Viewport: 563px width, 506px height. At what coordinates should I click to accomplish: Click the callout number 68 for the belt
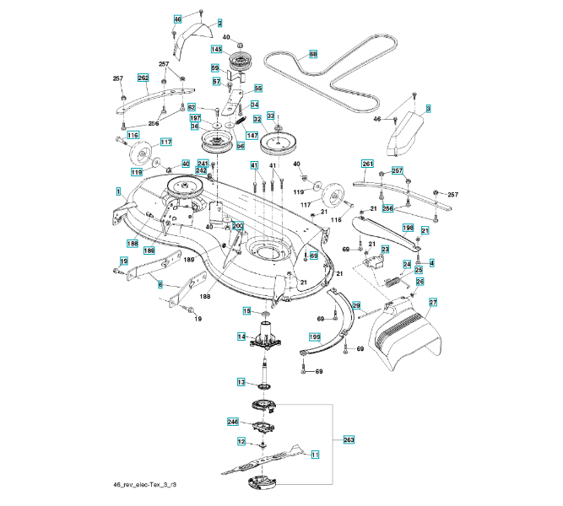(313, 54)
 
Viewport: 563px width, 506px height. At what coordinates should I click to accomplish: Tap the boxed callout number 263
(349, 439)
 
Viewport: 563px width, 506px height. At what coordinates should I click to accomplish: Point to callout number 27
(433, 302)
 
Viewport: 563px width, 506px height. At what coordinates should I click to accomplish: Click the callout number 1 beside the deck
(119, 192)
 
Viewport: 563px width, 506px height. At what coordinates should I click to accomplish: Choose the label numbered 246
(233, 421)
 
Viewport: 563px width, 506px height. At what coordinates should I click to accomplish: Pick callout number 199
(315, 336)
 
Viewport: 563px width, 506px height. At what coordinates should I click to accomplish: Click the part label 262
(143, 78)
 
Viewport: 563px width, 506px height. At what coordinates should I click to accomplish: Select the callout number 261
(367, 164)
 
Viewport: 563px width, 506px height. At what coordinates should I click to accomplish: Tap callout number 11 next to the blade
(315, 455)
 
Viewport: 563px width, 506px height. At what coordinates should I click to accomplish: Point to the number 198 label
(408, 228)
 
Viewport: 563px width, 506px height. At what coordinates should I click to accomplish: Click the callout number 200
(237, 226)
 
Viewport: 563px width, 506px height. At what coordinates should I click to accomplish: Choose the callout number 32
(257, 121)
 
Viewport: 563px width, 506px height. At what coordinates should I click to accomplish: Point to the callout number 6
(160, 285)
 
